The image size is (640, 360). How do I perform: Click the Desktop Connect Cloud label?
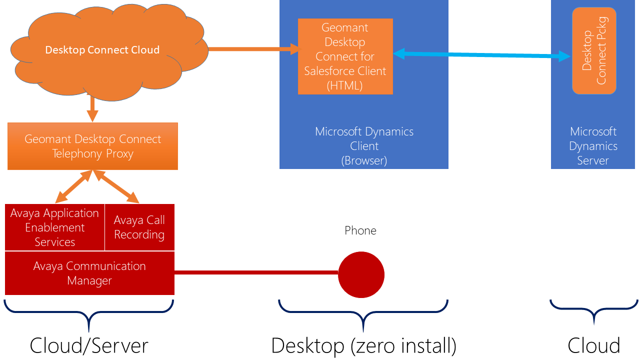(x=102, y=50)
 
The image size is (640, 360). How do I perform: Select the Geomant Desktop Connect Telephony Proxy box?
(x=92, y=146)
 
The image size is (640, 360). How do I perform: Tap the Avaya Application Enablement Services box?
(x=55, y=227)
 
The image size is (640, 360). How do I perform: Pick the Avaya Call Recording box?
(x=139, y=227)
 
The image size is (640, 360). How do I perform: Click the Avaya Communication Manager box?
(x=89, y=273)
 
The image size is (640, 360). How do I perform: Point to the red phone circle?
(x=361, y=274)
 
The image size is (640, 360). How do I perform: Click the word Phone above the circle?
(x=360, y=230)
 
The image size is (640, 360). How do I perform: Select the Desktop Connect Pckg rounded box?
(x=594, y=50)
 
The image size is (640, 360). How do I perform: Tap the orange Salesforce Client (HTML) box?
(x=345, y=56)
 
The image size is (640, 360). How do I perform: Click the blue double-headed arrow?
(x=481, y=55)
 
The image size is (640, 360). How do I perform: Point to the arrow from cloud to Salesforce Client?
(x=254, y=49)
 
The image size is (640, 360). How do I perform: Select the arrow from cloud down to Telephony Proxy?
(x=92, y=108)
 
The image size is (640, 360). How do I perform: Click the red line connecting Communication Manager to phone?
(x=256, y=272)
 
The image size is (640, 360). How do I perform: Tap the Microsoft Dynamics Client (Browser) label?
(x=364, y=146)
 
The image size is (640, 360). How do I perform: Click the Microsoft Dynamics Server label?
(x=593, y=146)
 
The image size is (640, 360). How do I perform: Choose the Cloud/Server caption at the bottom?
(x=89, y=345)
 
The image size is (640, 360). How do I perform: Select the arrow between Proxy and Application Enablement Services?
(x=73, y=186)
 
